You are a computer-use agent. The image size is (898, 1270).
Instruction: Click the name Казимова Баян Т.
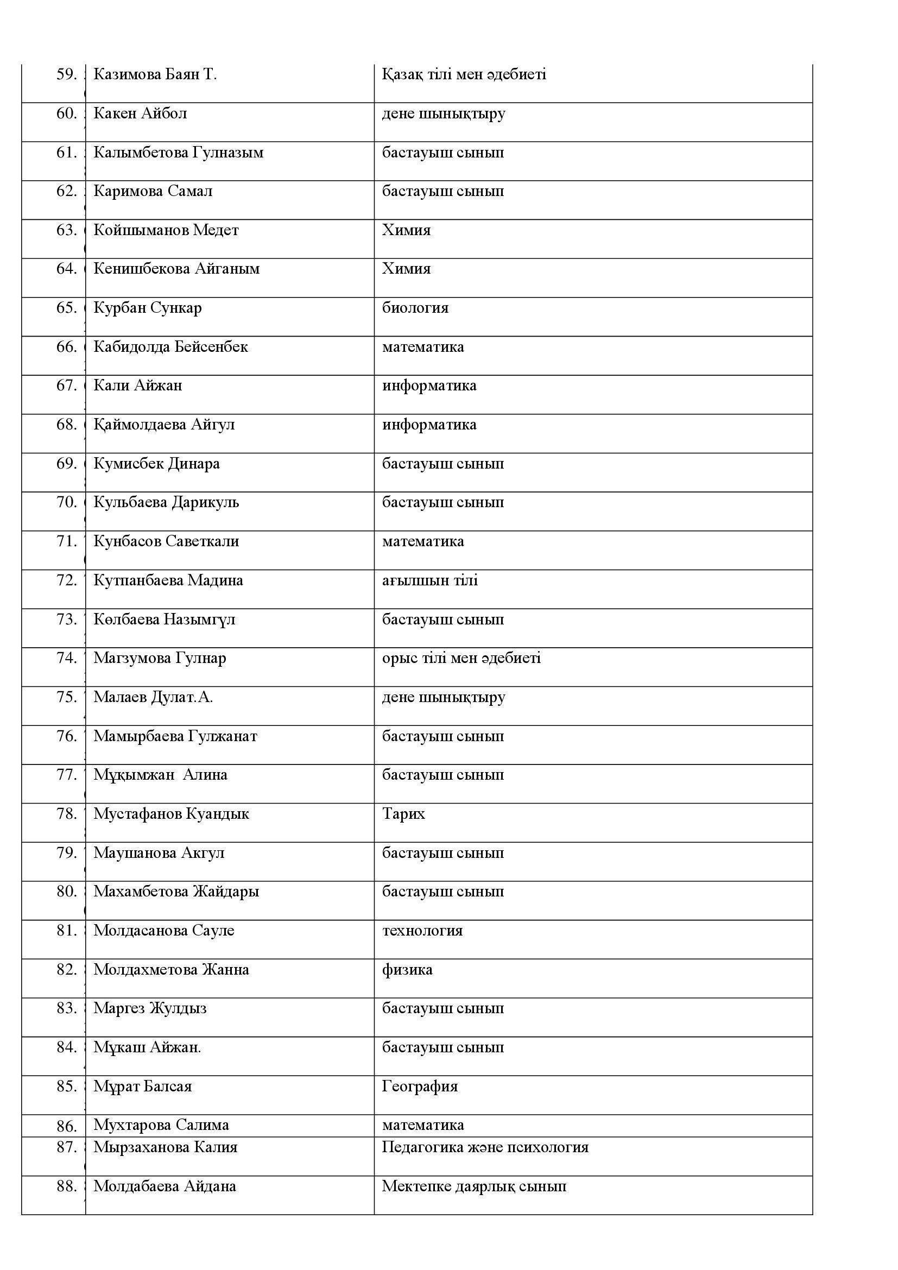[x=155, y=74]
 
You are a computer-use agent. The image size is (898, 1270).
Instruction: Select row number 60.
[x=66, y=113]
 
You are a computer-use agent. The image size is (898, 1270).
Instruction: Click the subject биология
[x=415, y=307]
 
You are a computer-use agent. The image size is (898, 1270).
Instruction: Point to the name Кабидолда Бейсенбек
[x=170, y=347]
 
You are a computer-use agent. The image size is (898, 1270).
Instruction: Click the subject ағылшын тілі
[x=429, y=580]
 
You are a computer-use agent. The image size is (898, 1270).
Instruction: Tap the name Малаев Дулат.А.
[x=153, y=697]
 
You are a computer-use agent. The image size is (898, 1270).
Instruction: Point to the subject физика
[x=407, y=970]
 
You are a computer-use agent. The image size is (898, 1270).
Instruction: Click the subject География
[x=420, y=1086]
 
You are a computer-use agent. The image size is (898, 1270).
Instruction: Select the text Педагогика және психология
[x=485, y=1147]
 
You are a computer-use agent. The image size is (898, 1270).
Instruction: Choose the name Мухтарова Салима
[x=161, y=1125]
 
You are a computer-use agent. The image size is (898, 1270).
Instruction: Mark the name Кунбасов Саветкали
[x=166, y=541]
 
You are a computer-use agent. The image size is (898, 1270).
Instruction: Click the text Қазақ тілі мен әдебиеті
[x=464, y=74]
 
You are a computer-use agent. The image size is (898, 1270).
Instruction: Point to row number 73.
[x=66, y=619]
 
